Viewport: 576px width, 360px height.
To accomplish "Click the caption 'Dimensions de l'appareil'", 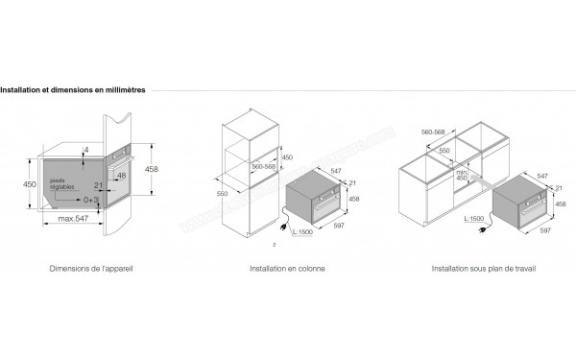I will pos(90,268).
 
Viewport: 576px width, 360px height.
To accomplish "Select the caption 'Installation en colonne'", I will pos(286,268).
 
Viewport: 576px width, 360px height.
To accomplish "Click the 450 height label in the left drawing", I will pos(30,183).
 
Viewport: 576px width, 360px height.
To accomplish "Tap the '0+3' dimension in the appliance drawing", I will pos(90,200).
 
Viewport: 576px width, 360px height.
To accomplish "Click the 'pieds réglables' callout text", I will pos(62,181).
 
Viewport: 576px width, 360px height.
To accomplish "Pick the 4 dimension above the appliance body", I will pos(85,150).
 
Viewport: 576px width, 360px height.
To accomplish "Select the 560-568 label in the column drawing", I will pos(263,165).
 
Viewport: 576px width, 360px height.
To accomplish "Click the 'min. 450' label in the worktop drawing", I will pos(461,174).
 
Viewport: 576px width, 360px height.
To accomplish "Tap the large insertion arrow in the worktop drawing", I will pos(476,181).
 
